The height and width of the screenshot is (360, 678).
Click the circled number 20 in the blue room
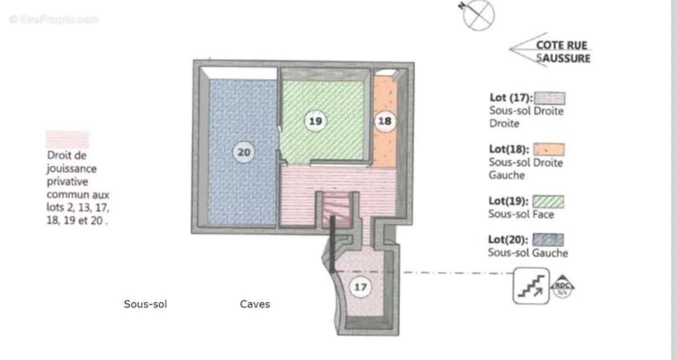tap(245, 152)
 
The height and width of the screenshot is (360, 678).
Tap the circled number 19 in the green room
tap(315, 120)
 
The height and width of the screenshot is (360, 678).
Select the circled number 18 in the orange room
tap(385, 121)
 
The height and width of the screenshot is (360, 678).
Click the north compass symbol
tap(478, 15)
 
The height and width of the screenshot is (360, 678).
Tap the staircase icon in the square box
tap(530, 286)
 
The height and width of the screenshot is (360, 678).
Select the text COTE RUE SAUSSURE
tap(563, 51)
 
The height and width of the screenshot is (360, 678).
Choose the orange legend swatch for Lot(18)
tap(549, 149)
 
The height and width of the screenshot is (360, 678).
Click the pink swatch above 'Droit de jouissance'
tap(67, 140)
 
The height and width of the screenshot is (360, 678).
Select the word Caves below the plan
tap(255, 305)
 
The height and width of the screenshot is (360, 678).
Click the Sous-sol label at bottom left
tap(145, 305)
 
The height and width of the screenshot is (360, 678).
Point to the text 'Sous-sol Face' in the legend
tap(521, 215)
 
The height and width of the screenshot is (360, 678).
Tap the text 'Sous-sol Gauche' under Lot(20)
tap(528, 253)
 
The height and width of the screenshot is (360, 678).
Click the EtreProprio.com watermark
tap(54, 19)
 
